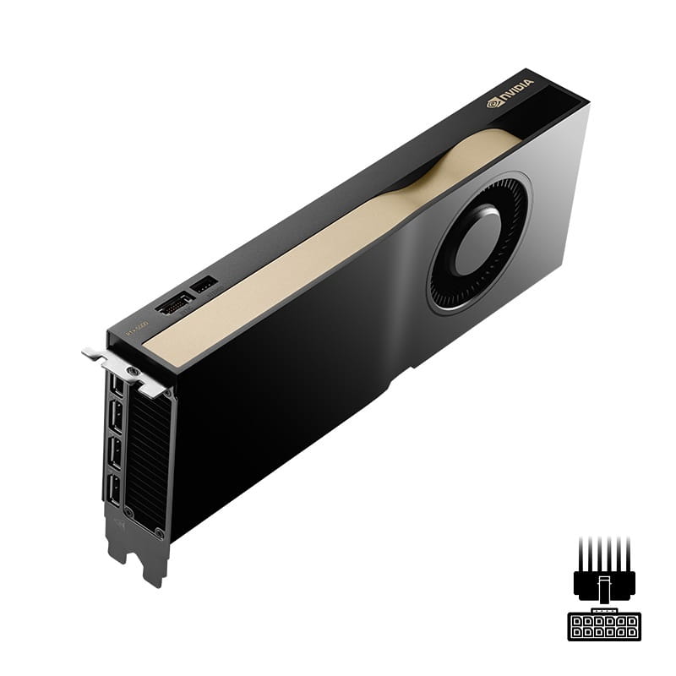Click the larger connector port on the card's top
pyautogui.click(x=175, y=303)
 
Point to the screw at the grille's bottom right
pyautogui.click(x=159, y=532)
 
